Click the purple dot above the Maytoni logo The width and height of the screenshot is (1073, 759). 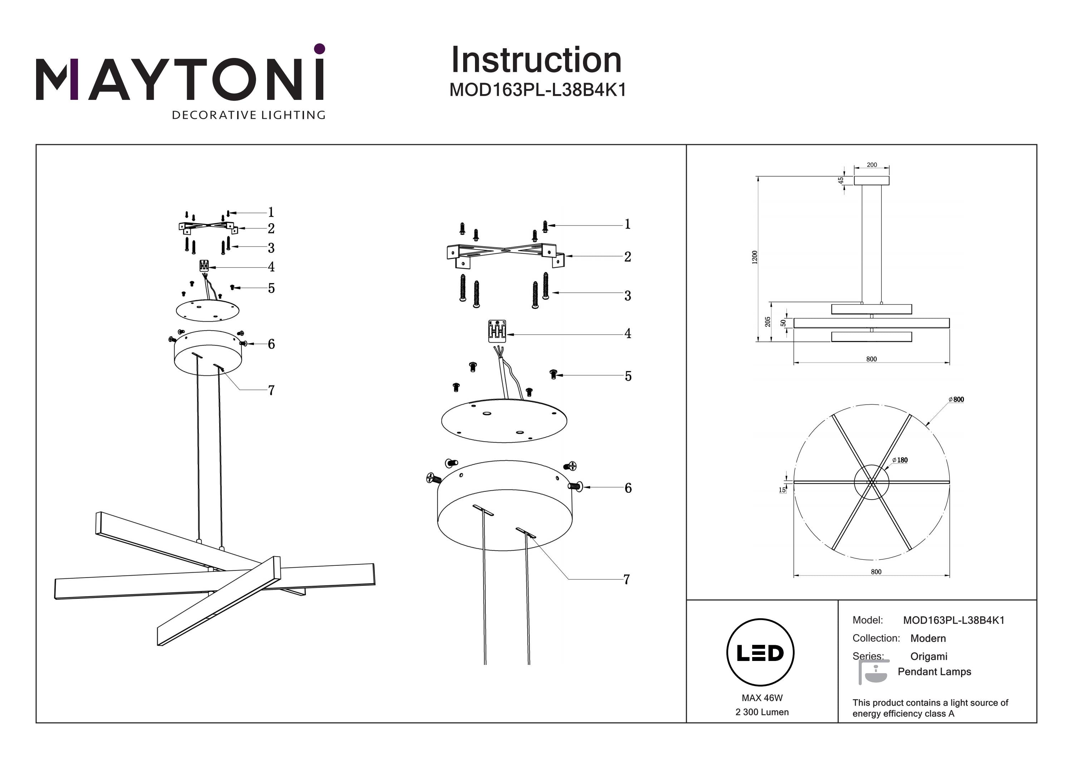pos(320,49)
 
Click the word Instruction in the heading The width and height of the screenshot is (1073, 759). pos(536,60)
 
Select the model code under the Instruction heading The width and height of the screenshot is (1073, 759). pos(538,90)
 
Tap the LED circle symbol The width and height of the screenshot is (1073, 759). pos(760,653)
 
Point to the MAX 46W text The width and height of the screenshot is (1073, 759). pos(762,698)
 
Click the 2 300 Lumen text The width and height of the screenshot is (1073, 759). pos(762,712)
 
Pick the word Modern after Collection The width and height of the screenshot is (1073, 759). pos(928,638)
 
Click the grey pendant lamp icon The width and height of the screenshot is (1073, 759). pos(873,672)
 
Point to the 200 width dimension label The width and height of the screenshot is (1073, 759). pos(872,165)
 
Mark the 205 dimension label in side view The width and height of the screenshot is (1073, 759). pos(767,322)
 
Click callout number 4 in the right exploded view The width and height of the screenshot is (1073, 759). pos(628,334)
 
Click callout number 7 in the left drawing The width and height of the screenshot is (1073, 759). pos(271,390)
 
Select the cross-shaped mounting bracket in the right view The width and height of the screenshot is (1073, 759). pos(505,254)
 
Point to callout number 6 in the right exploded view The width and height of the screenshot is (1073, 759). pos(628,488)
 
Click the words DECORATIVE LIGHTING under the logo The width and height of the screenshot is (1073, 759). pos(249,115)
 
